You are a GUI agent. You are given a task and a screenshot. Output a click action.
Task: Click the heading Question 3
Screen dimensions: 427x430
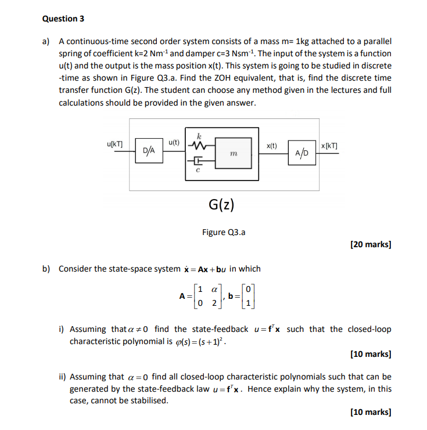63,19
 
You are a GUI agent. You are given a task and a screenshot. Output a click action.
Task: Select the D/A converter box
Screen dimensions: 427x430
149,150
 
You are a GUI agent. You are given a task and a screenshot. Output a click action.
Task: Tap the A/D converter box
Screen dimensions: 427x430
302,153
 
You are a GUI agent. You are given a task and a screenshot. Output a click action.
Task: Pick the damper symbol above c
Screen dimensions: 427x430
198,162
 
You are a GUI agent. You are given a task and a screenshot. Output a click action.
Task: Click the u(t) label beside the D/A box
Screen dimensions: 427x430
174,142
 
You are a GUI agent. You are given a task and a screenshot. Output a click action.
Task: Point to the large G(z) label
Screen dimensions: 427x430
221,204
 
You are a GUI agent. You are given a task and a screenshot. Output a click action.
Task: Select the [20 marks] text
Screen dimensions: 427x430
371,244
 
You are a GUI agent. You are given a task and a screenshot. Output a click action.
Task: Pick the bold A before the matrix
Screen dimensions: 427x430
182,296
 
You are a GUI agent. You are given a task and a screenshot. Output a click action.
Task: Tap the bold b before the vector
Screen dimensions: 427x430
231,296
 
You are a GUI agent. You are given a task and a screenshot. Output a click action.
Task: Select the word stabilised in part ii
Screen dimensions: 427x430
148,400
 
